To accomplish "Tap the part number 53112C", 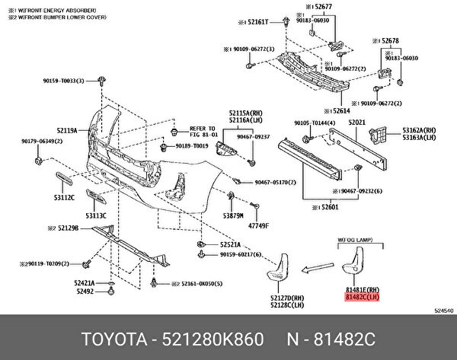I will pos(63,196).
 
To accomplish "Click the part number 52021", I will pos(356,122).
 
